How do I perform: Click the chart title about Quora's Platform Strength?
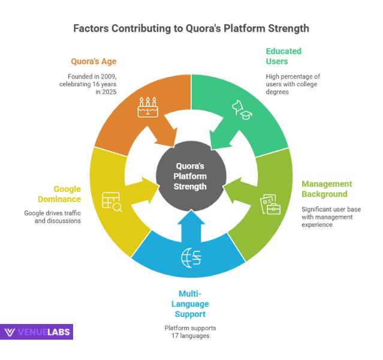coord(191,28)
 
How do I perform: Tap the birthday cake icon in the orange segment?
coord(147,107)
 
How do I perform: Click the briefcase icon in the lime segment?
coord(270,204)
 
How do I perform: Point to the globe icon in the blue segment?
coord(191,257)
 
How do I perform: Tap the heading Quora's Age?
coord(94,61)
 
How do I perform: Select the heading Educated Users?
coord(284,56)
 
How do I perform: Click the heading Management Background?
coord(327,189)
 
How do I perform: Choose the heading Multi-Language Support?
coord(192,304)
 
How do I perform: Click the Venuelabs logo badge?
coord(37,332)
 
